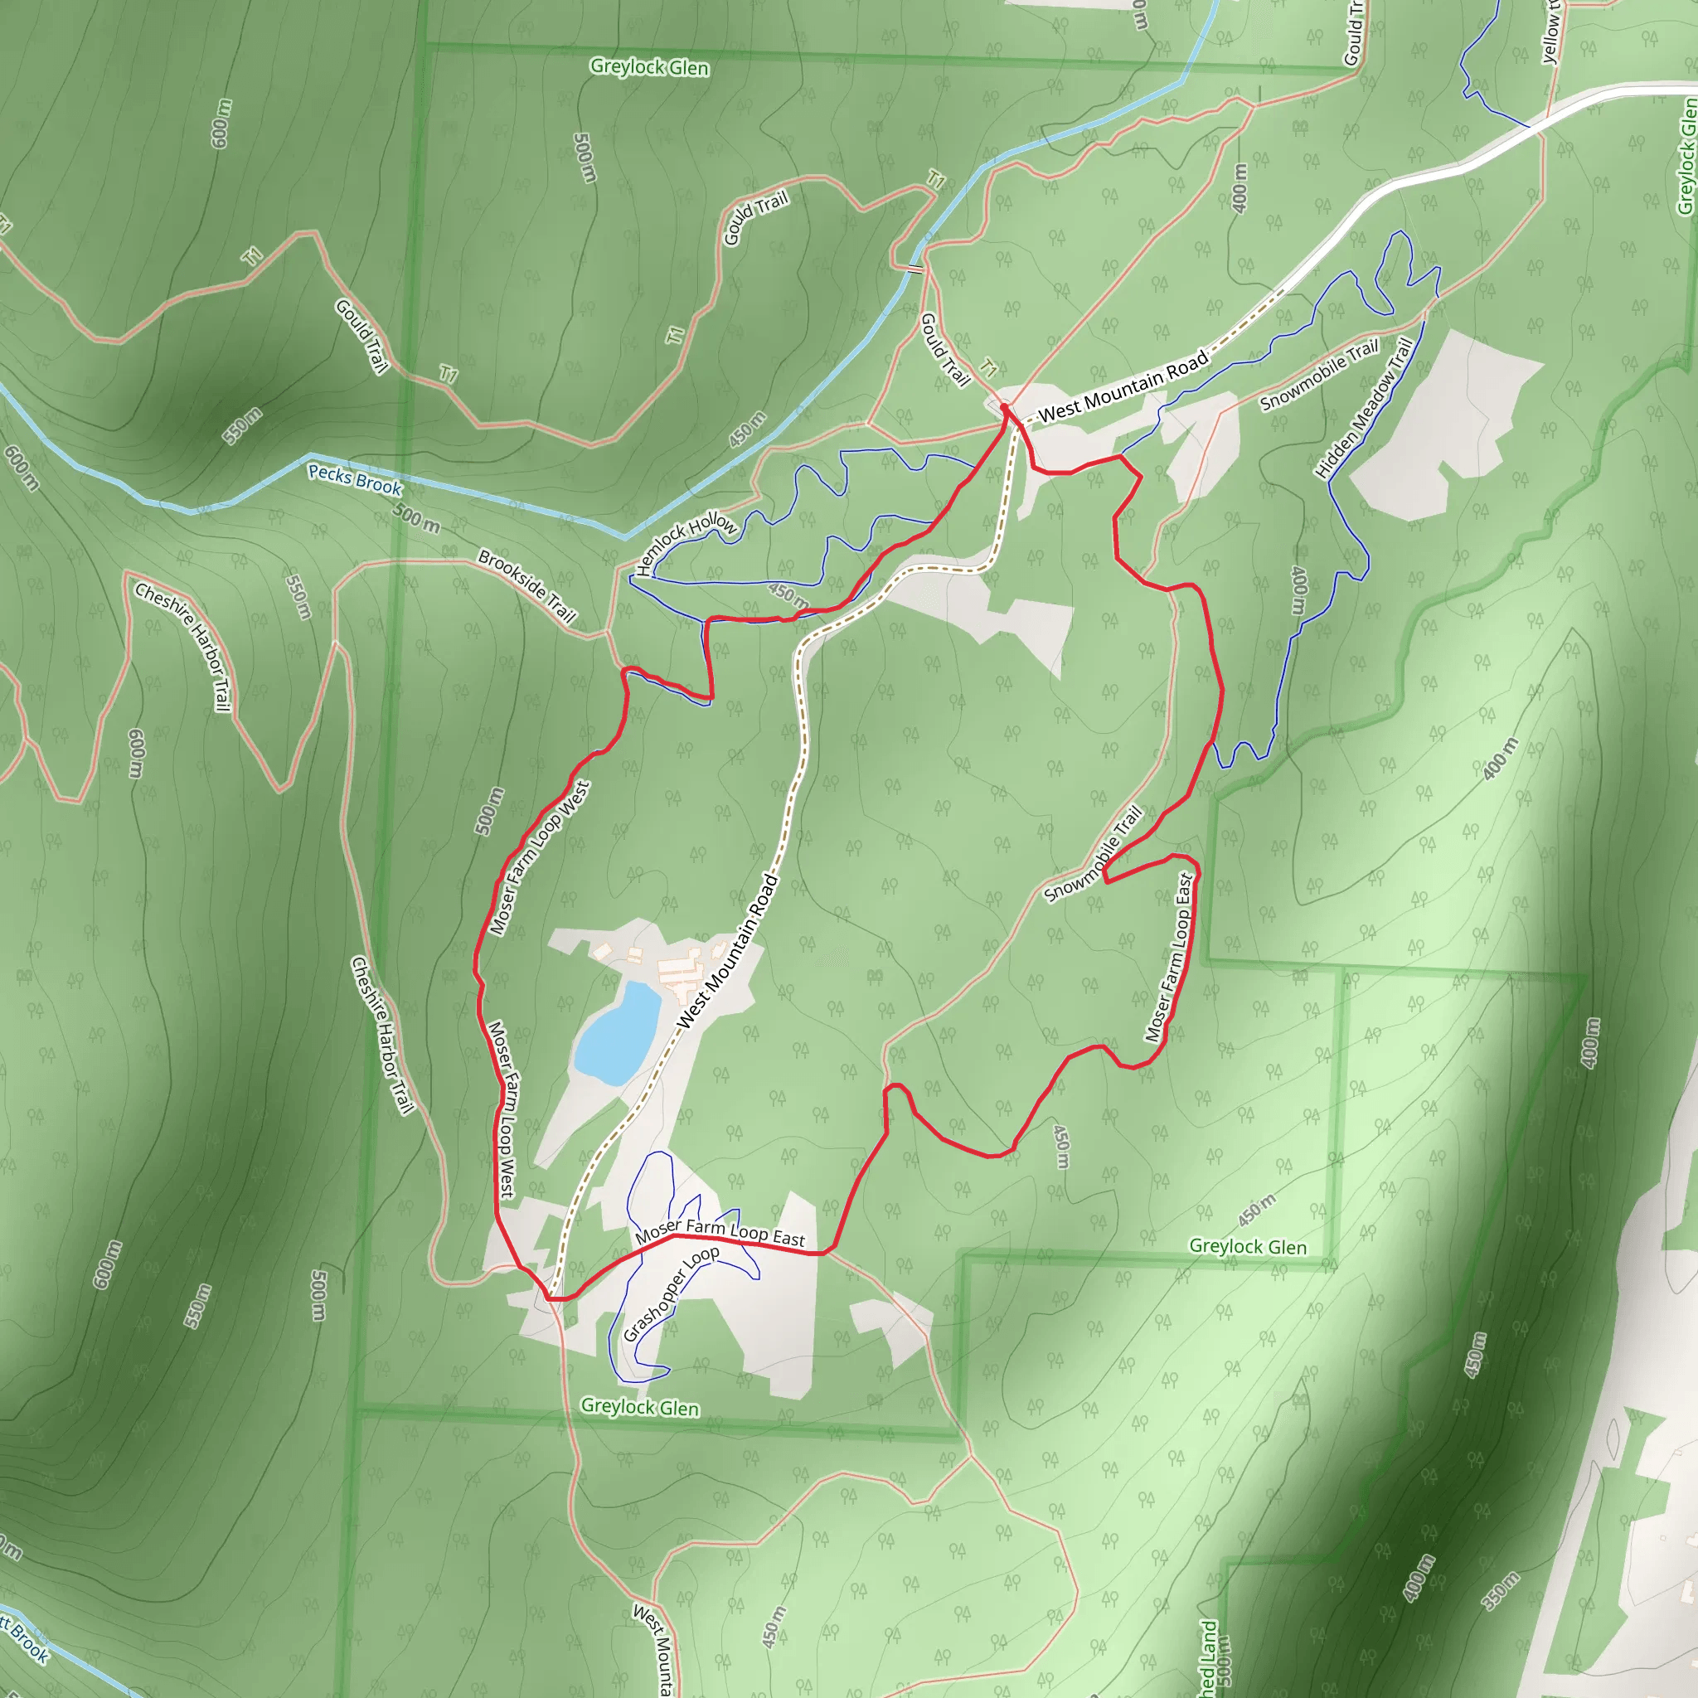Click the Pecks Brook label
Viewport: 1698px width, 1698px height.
click(354, 479)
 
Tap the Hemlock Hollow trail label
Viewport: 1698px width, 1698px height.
click(686, 544)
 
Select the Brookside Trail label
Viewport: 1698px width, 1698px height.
click(526, 585)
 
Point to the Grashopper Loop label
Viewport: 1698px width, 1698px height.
click(671, 1293)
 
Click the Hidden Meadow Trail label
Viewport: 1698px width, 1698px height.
click(1363, 408)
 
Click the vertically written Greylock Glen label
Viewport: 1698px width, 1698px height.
click(1686, 157)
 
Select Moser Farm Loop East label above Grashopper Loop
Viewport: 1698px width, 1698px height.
click(720, 1231)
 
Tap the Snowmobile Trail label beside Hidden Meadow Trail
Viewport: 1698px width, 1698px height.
click(1318, 376)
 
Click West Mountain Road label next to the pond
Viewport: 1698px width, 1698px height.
click(728, 951)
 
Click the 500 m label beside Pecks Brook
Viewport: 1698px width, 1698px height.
click(415, 518)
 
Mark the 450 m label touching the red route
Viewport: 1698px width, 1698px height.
click(788, 595)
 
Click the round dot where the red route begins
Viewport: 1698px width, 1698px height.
click(1005, 409)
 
